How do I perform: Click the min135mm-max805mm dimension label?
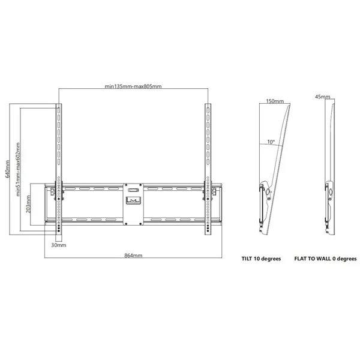133,86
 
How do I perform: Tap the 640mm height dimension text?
8,169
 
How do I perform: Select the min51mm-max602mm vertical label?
19,169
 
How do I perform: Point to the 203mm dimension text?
28,204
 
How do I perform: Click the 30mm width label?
59,245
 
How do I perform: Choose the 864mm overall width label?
133,256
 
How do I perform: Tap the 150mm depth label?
275,101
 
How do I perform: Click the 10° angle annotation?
271,142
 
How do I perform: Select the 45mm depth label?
323,97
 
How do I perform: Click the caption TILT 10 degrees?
261,259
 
